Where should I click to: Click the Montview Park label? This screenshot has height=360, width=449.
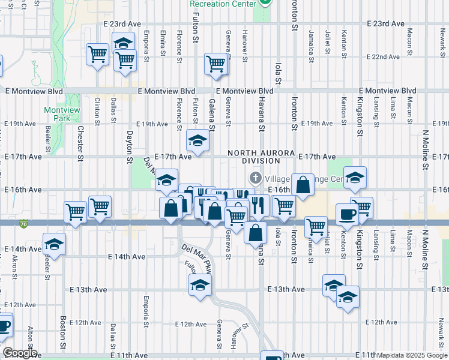pos(58,114)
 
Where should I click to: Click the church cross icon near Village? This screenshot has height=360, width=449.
pos(255,178)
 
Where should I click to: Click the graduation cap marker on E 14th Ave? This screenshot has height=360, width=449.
pos(54,244)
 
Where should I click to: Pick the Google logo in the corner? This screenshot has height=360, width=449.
pos(19,353)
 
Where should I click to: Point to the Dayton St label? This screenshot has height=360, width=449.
pos(129,146)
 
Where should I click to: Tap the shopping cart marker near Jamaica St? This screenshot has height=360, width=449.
pos(316,227)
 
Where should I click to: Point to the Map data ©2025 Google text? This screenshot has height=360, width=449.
pos(412,355)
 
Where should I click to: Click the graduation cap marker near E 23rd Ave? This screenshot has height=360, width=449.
pos(123,43)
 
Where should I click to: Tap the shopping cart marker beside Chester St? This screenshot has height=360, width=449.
pos(100,207)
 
